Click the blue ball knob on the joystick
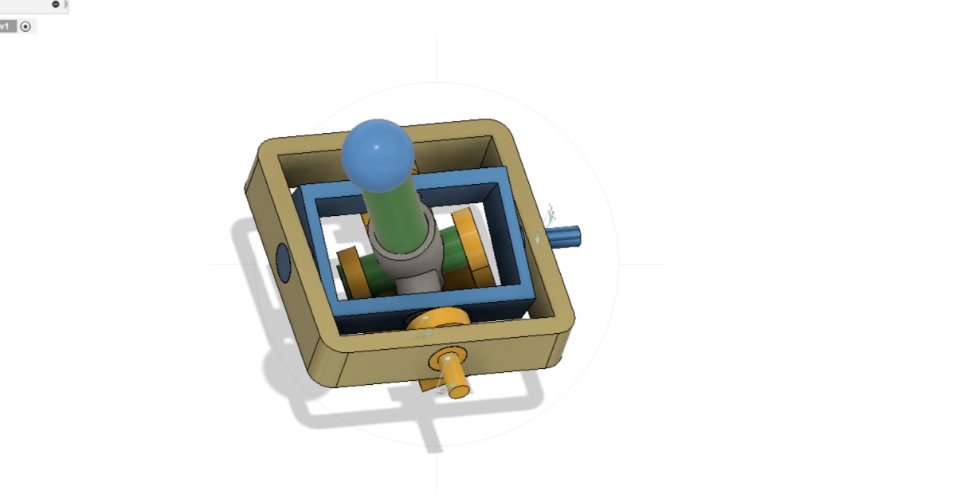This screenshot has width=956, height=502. point(378,155)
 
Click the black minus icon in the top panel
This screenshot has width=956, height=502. point(55,4)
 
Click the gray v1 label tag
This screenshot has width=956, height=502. point(6,26)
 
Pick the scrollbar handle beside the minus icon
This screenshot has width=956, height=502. point(66,5)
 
